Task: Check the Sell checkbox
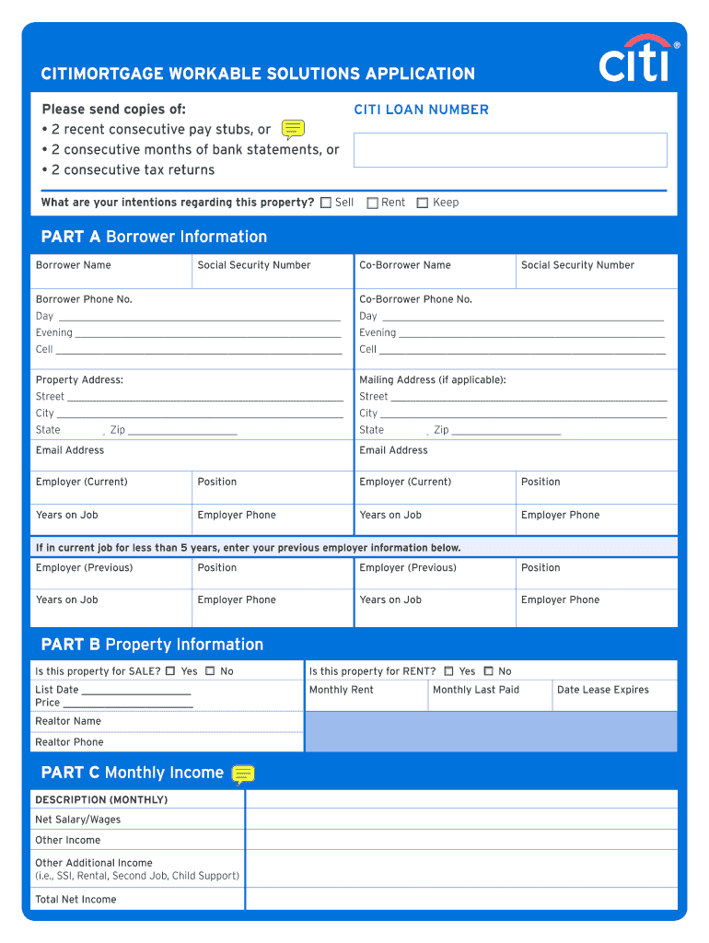pyautogui.click(x=326, y=203)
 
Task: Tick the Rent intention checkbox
pyautogui.click(x=373, y=203)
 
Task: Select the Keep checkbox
pyautogui.click(x=423, y=203)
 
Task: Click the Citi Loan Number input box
pyautogui.click(x=510, y=150)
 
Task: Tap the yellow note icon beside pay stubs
pyautogui.click(x=293, y=129)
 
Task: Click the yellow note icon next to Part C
pyautogui.click(x=243, y=774)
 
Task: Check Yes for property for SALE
pyautogui.click(x=170, y=671)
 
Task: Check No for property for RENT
pyautogui.click(x=488, y=671)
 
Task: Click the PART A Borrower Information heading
pyautogui.click(x=154, y=237)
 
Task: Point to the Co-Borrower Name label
pyautogui.click(x=405, y=265)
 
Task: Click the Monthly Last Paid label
pyautogui.click(x=476, y=690)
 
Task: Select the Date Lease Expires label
pyautogui.click(x=603, y=690)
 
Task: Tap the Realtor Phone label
pyautogui.click(x=69, y=742)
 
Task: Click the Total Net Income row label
pyautogui.click(x=76, y=900)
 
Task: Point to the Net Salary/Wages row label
pyautogui.click(x=77, y=820)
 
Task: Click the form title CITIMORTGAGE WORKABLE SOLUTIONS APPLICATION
pyautogui.click(x=258, y=74)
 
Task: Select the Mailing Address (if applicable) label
pyautogui.click(x=433, y=380)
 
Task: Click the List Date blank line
pyautogui.click(x=136, y=691)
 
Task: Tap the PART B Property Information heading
pyautogui.click(x=152, y=645)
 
